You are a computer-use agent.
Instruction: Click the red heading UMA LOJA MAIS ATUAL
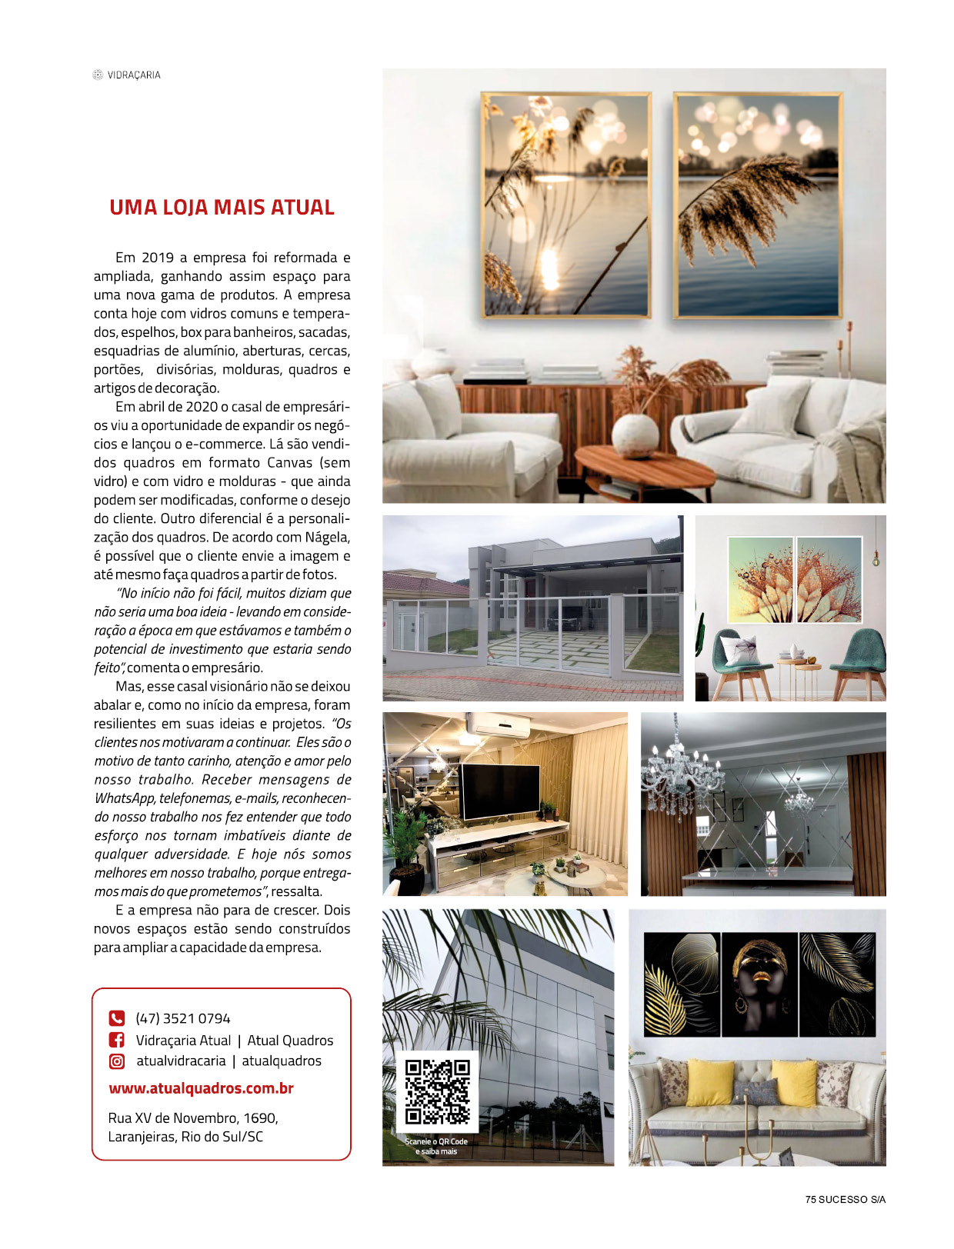click(x=222, y=208)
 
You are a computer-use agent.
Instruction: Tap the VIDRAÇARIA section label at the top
click(x=134, y=75)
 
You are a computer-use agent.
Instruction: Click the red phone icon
click(x=117, y=1018)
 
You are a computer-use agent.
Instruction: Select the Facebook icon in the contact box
click(x=117, y=1040)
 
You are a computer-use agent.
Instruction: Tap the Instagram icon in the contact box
click(x=117, y=1061)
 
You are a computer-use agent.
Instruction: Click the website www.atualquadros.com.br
click(x=201, y=1088)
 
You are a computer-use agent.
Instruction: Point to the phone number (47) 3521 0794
click(x=183, y=1018)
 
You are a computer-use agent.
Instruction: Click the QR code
click(x=437, y=1091)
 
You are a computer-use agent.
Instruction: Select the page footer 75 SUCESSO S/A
click(x=846, y=1200)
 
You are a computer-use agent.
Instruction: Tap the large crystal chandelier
click(x=682, y=769)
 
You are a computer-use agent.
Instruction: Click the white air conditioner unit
click(x=499, y=725)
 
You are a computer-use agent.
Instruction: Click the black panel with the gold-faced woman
click(x=759, y=984)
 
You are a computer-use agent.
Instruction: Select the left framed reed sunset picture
click(x=566, y=205)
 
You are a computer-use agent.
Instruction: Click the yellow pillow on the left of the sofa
click(x=709, y=1083)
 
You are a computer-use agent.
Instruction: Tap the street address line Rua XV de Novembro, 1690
click(x=193, y=1117)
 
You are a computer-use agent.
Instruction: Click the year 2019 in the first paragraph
click(x=158, y=258)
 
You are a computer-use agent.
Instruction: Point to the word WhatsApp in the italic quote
click(x=125, y=798)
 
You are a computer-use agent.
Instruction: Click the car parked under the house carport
click(x=565, y=618)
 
